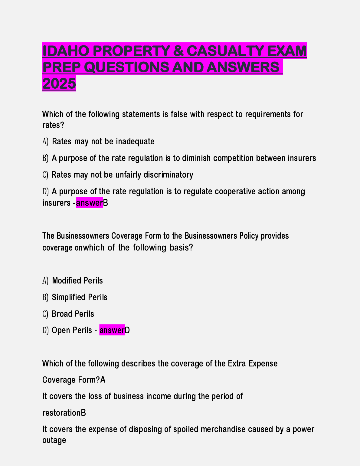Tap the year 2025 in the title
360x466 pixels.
click(59, 84)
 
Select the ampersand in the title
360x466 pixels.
click(178, 51)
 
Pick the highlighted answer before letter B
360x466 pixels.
click(89, 203)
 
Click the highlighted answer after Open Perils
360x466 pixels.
click(112, 330)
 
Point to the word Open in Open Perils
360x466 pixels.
click(61, 330)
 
